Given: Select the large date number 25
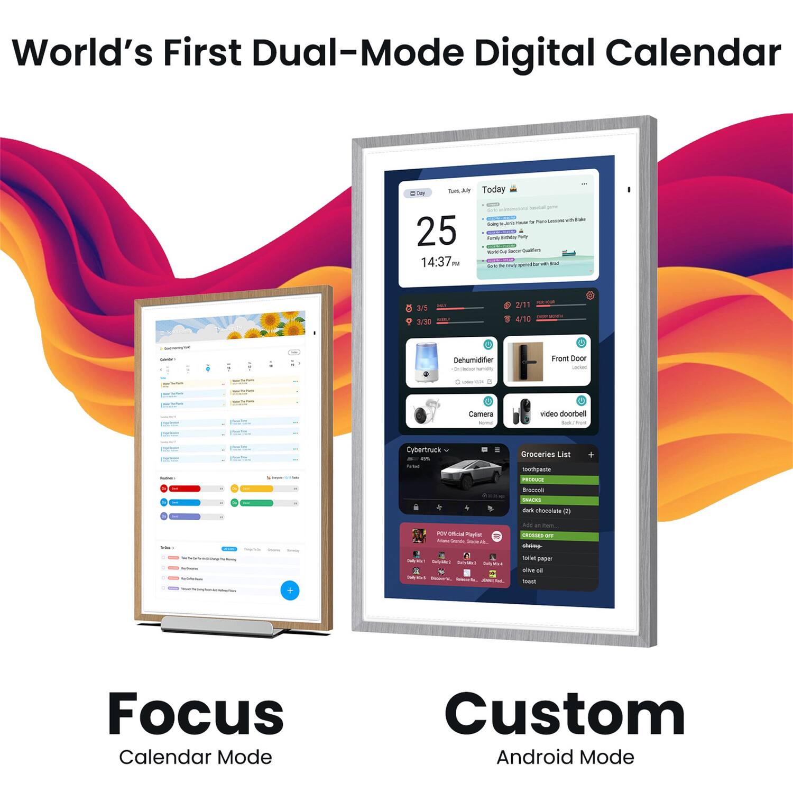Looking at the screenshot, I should click(436, 231).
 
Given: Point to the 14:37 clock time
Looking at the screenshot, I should click(439, 262).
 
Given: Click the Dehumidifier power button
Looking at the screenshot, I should click(488, 345).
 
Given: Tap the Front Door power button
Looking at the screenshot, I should click(581, 343).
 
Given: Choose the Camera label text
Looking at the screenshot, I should click(481, 414).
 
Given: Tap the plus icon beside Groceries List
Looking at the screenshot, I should click(591, 455).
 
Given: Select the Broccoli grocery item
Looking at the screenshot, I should click(533, 490).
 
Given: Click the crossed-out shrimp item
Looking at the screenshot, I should click(532, 546).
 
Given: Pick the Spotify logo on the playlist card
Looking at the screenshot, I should click(496, 536).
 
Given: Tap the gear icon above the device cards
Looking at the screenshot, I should click(590, 296).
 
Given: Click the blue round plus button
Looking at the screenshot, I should click(290, 591).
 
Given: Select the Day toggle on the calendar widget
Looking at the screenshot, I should click(418, 193).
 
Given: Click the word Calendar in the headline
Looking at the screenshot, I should click(693, 53).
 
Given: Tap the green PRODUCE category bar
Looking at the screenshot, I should click(559, 480).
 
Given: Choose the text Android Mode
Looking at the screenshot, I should click(565, 757).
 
